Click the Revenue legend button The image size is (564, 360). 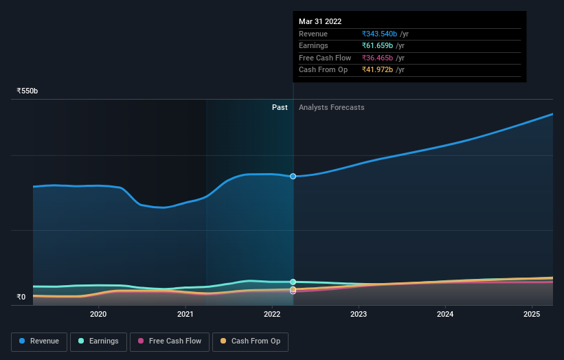click(38, 341)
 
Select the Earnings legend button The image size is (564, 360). click(98, 341)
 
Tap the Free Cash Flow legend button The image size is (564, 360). click(170, 341)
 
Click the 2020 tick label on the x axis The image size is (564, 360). click(98, 315)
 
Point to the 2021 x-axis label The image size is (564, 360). click(185, 315)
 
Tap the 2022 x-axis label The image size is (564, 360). click(272, 315)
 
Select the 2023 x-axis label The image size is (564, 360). click(359, 315)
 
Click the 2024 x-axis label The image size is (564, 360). click(445, 315)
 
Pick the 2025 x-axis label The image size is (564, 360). click(532, 315)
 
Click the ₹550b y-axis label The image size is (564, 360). click(27, 91)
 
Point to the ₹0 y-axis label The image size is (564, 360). click(21, 297)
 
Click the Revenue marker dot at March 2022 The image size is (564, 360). click(293, 177)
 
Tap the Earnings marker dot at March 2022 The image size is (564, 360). click(293, 282)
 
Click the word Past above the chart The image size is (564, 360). click(280, 107)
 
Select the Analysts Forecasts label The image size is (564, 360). click(331, 107)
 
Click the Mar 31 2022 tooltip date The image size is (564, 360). click(320, 21)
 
